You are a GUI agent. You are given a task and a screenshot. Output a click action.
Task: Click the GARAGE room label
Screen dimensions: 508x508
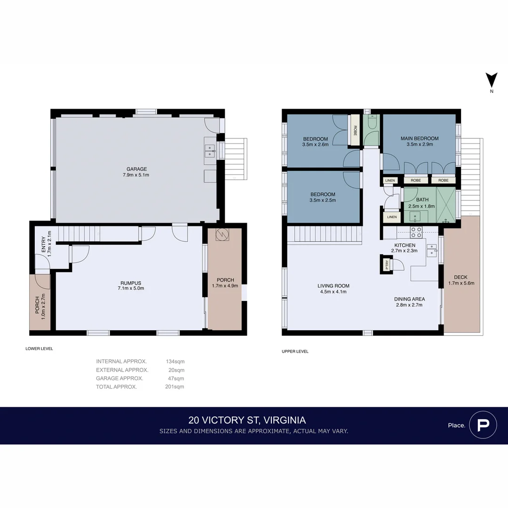(136, 169)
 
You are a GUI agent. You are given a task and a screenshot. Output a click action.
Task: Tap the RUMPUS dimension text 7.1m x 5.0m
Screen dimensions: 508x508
(132, 288)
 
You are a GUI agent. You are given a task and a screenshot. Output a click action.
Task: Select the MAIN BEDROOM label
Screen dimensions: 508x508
(419, 138)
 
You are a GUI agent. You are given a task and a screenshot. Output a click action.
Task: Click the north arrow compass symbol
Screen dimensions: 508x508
(492, 80)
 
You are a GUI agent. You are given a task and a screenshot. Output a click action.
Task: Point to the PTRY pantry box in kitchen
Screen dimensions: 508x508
(387, 264)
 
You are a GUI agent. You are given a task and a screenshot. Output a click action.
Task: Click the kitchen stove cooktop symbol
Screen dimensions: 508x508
(416, 230)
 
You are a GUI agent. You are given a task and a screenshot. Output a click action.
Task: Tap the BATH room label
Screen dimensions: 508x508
(422, 200)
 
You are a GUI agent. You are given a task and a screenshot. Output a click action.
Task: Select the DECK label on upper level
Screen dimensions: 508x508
(461, 277)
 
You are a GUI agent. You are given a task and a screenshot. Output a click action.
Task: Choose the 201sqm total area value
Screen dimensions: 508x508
(175, 387)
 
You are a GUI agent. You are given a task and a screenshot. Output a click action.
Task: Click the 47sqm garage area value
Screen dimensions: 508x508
(175, 378)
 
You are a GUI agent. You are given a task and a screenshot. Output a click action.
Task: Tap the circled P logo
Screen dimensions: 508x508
(483, 425)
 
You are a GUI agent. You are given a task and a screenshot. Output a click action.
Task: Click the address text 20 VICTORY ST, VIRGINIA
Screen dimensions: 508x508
(247, 420)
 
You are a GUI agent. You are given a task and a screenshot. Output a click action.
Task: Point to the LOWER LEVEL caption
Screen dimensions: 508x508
(39, 349)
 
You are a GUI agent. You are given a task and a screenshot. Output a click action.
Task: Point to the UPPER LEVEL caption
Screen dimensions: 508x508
(295, 351)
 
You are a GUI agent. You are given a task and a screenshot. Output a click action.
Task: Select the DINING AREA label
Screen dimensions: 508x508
(409, 299)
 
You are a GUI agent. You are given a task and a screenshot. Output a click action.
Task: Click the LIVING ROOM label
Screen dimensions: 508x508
(333, 286)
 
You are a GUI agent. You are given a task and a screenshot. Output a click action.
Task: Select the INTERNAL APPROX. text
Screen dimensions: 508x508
(121, 361)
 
